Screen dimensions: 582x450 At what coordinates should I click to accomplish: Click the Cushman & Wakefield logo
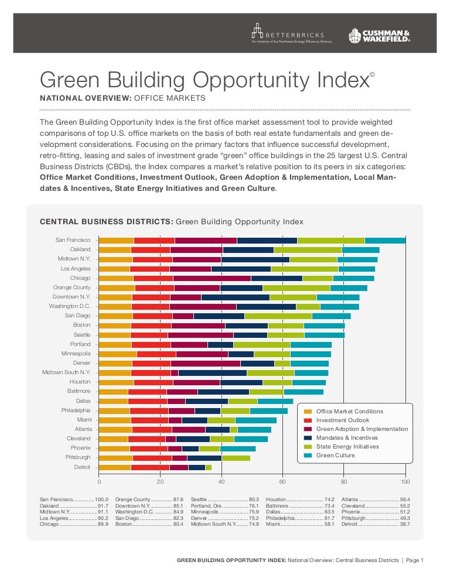click(379, 36)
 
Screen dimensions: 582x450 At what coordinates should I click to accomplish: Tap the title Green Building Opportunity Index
click(204, 80)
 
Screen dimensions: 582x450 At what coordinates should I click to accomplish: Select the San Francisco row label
click(73, 240)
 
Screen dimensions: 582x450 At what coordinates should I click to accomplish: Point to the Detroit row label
click(82, 467)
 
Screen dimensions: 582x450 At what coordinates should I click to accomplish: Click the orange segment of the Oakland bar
click(115, 250)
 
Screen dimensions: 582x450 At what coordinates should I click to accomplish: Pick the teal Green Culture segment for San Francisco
click(385, 241)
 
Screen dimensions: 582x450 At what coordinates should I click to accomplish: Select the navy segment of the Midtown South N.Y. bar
click(212, 372)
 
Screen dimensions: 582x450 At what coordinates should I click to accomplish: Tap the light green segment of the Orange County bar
click(296, 288)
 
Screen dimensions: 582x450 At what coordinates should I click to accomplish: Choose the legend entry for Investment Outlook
click(343, 420)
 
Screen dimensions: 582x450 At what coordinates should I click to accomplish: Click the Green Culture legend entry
click(336, 455)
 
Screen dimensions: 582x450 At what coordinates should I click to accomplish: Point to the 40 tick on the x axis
click(221, 481)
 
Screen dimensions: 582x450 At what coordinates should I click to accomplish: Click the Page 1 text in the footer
click(414, 560)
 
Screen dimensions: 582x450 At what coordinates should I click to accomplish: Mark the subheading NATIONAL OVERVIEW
click(84, 98)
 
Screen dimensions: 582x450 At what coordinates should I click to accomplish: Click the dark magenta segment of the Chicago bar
click(212, 278)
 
